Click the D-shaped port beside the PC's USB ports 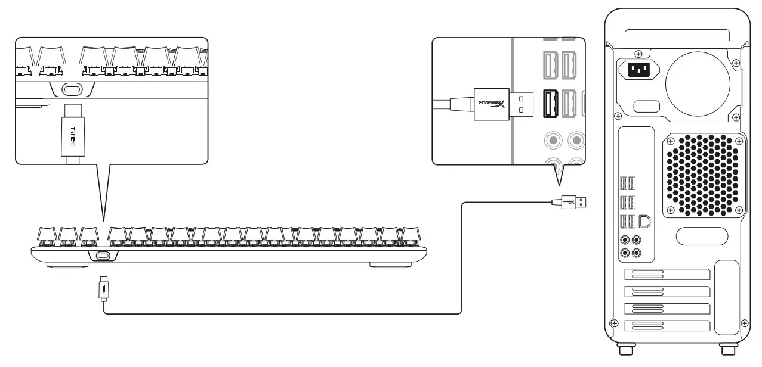pos(644,221)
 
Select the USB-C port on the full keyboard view pos(102,256)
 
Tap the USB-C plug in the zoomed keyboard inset pos(72,134)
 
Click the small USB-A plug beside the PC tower pos(572,202)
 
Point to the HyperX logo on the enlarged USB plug pos(491,104)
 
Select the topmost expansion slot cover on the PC pos(667,275)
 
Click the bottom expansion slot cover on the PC pos(667,325)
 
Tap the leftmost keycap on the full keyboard pos(48,234)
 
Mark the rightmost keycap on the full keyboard pos(409,234)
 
